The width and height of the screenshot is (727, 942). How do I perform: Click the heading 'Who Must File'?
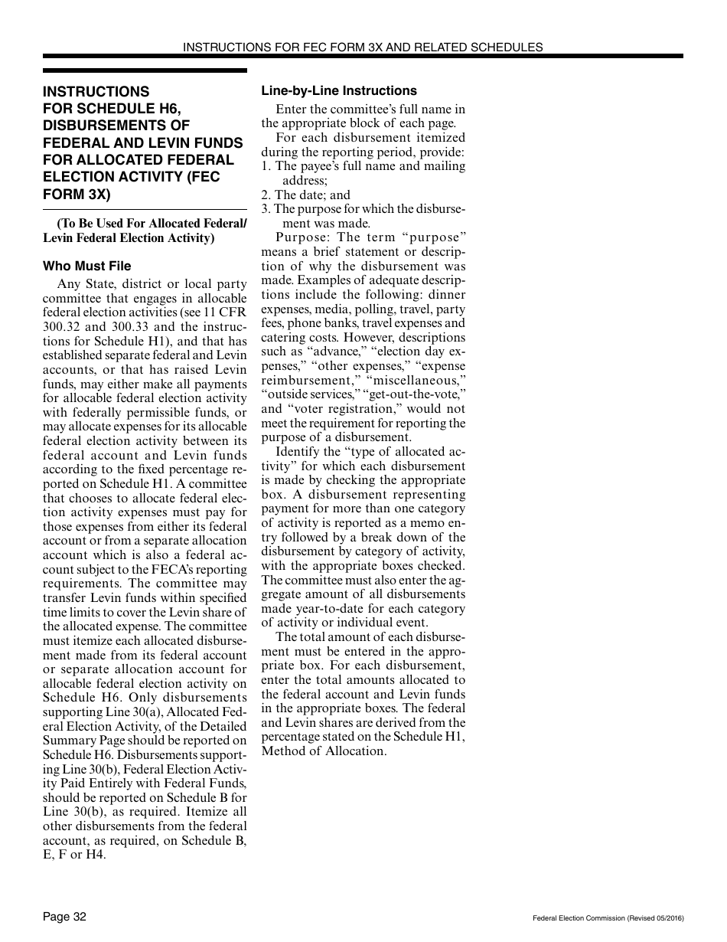tap(86, 266)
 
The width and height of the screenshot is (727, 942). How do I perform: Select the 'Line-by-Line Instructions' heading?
tap(339, 90)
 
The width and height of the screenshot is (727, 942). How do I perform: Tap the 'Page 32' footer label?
tap(64, 917)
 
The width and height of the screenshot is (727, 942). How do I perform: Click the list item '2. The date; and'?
tap(305, 195)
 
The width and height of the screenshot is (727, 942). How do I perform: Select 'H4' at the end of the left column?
tap(96, 855)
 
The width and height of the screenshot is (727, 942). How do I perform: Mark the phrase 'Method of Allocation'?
tap(324, 751)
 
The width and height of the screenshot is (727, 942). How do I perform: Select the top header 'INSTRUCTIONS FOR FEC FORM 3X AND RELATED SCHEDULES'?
tap(363, 47)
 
